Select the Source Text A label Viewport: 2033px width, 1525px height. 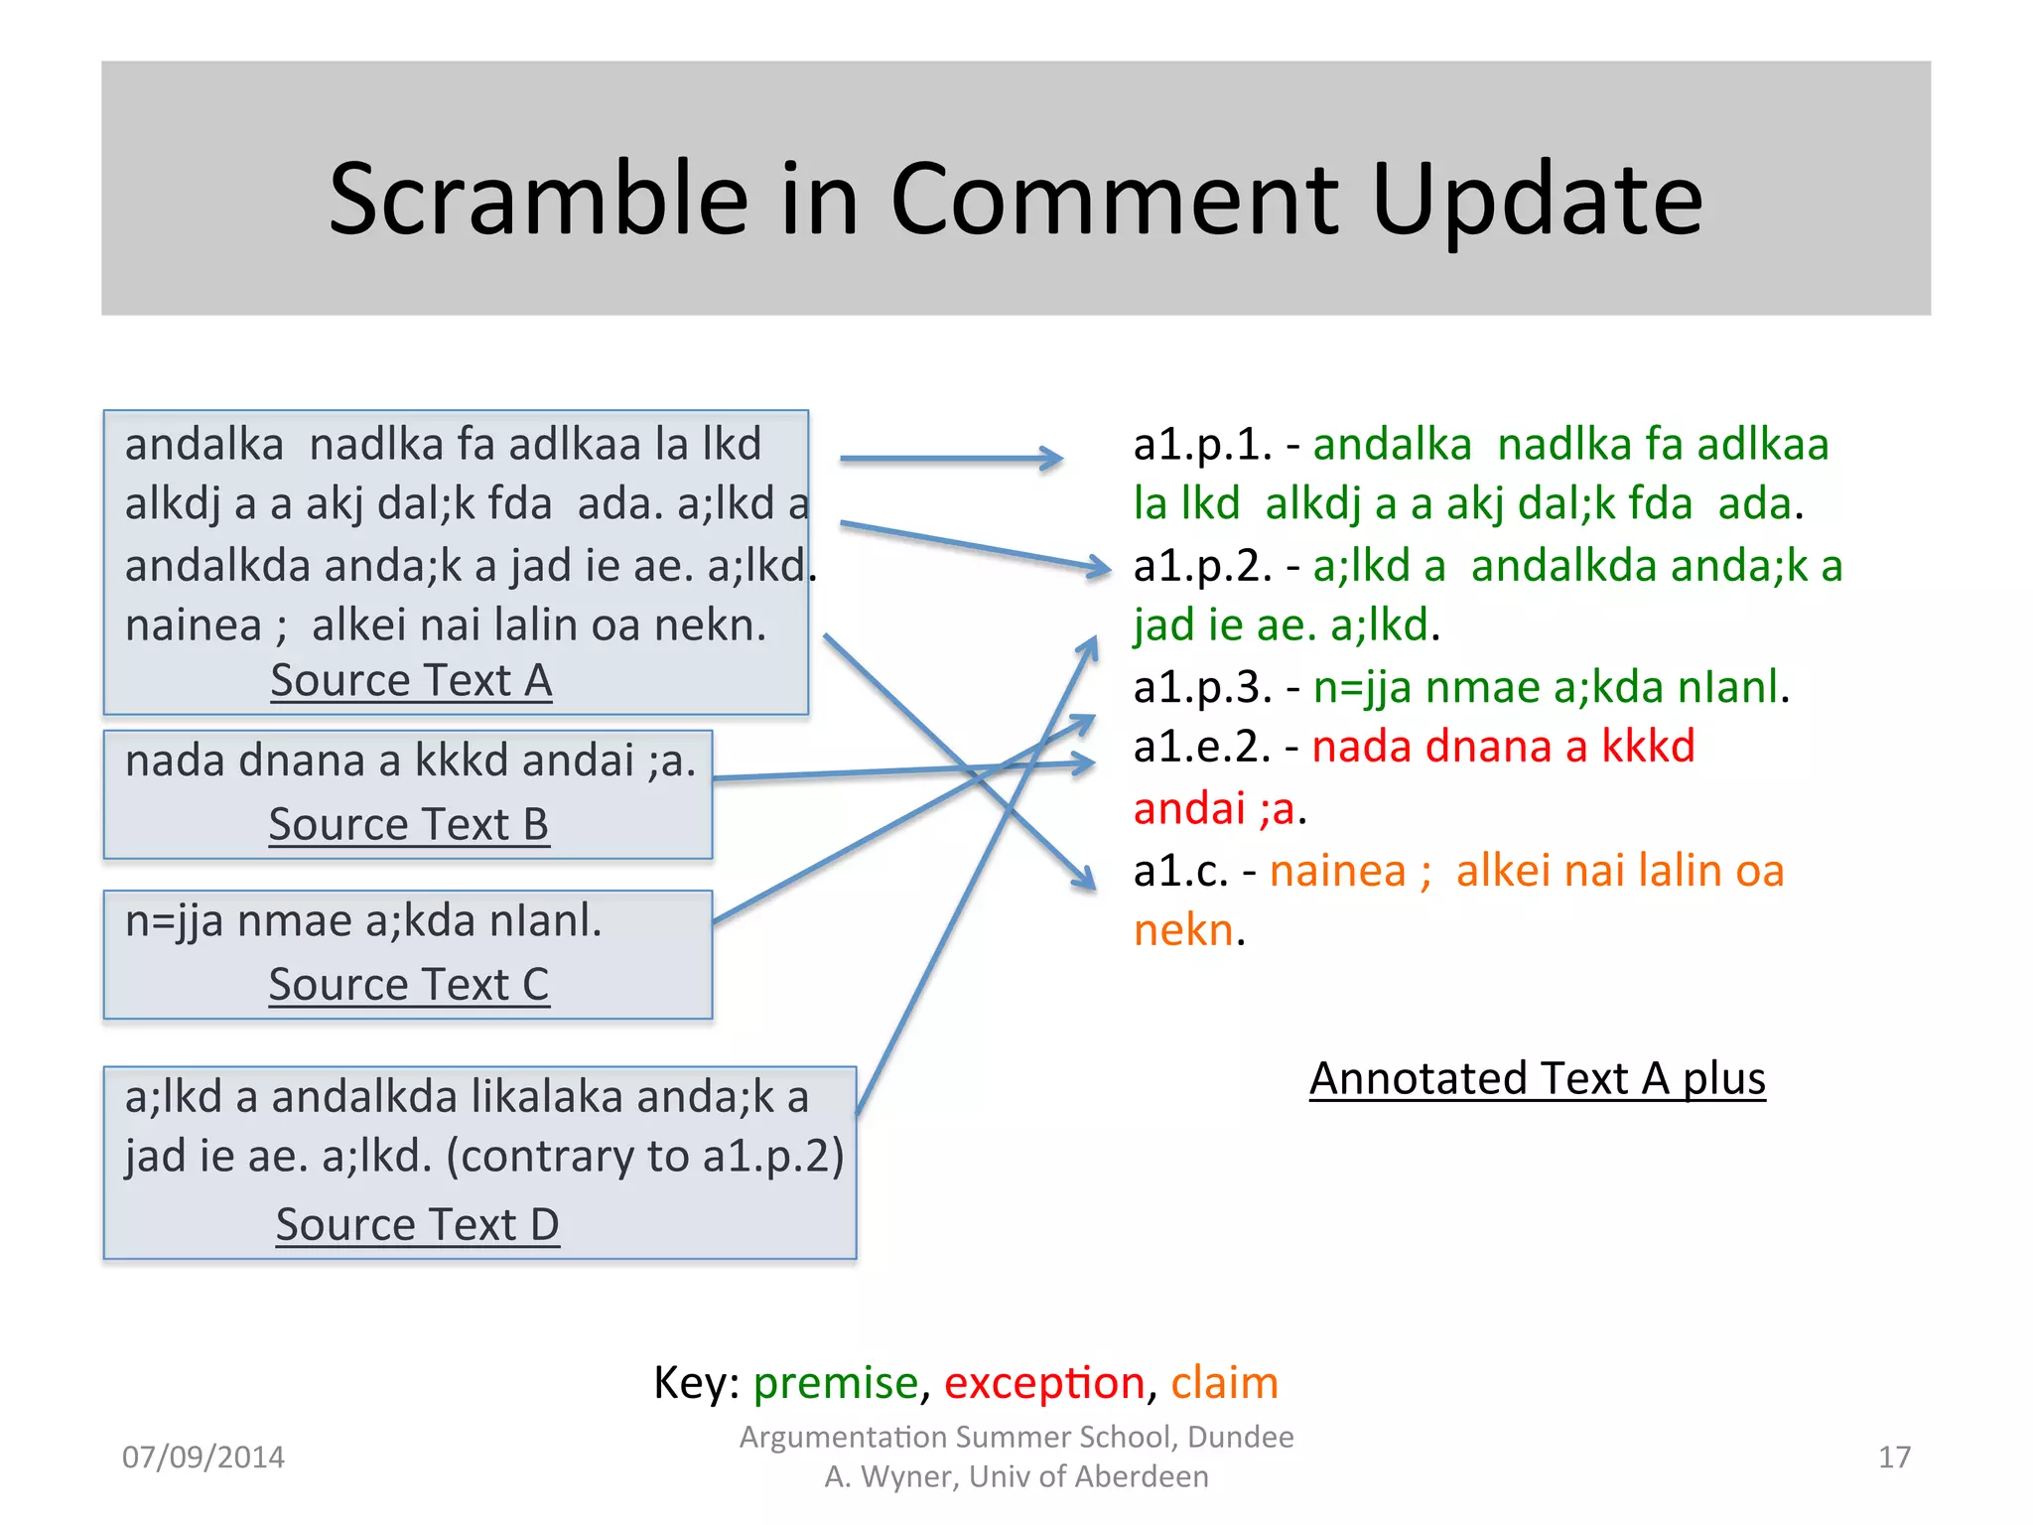(x=411, y=681)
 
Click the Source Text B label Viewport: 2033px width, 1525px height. (x=408, y=825)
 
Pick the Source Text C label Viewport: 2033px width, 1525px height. (x=408, y=985)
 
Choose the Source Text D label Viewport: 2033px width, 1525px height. (x=417, y=1225)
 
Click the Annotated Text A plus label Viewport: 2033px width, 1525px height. (x=1537, y=1079)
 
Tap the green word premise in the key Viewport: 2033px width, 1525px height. (x=836, y=1383)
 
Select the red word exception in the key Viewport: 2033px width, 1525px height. (x=1044, y=1383)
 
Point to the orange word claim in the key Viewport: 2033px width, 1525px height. (x=1224, y=1383)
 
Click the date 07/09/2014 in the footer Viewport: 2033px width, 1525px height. (x=203, y=1457)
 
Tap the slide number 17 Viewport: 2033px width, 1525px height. (x=1894, y=1457)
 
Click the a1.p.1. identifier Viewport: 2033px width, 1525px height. (x=1202, y=445)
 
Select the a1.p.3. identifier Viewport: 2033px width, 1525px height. (x=1202, y=687)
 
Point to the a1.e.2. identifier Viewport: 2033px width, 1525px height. (x=1202, y=747)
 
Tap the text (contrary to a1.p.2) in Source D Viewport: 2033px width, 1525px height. (x=644, y=1157)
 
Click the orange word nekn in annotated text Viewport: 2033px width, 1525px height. (x=1183, y=931)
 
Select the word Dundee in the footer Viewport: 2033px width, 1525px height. (x=1240, y=1437)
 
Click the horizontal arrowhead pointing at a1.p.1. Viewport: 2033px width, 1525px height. (x=1052, y=458)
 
